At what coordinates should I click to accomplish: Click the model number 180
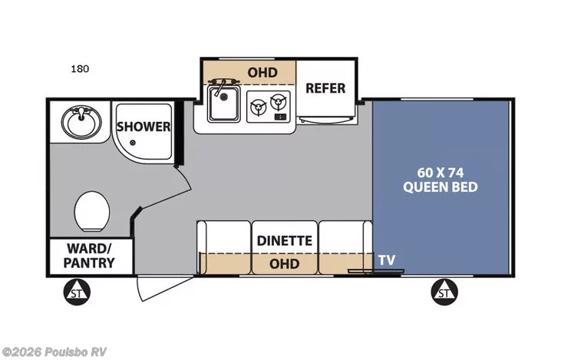80,69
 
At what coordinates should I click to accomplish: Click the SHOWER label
144,127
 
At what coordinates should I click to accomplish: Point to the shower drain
133,143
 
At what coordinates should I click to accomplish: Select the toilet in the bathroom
92,212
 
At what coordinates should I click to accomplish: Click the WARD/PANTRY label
89,256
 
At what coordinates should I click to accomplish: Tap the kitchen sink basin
224,104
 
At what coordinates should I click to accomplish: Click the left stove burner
258,107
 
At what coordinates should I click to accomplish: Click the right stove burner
279,102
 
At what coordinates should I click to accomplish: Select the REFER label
325,88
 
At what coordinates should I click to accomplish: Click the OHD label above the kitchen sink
262,73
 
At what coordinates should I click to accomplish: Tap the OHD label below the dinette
285,264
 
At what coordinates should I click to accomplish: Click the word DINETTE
285,240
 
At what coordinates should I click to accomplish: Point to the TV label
387,260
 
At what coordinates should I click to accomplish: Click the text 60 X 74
441,173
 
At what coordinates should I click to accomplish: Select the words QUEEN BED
441,187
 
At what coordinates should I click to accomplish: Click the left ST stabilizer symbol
77,292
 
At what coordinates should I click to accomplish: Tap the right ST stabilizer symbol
444,292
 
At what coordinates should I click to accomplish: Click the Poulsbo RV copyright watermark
54,352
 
